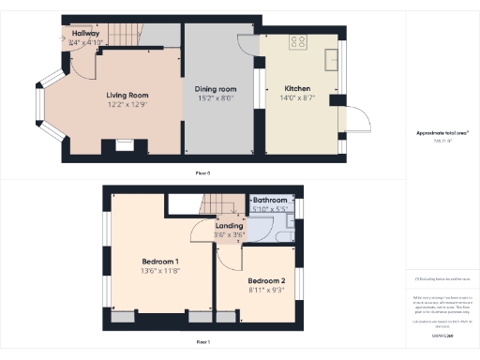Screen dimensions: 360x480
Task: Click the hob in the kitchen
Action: point(300,41)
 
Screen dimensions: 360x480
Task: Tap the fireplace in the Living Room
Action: point(125,144)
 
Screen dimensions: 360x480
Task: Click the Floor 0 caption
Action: point(202,173)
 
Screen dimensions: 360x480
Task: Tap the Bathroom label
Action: point(269,200)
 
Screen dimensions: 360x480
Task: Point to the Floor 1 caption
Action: point(202,343)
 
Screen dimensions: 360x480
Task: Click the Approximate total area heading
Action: point(442,133)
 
